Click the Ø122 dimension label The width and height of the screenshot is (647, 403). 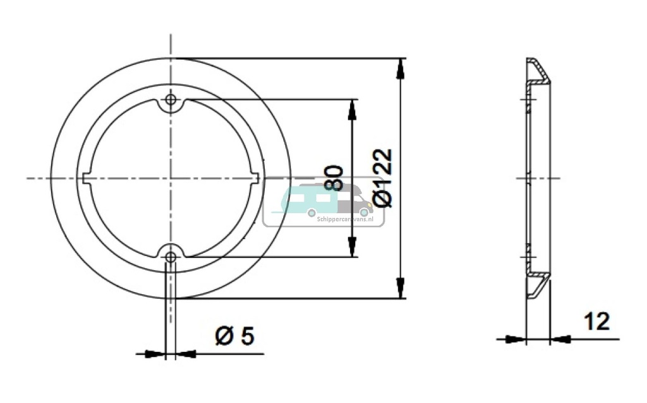[383, 178]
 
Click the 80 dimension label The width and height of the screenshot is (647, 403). [334, 178]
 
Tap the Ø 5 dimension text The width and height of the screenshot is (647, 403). [234, 336]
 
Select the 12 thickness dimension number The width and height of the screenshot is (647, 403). [596, 321]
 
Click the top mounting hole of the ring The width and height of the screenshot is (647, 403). [170, 99]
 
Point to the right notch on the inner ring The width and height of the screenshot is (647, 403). [257, 178]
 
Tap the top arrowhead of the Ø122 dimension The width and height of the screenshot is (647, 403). [399, 69]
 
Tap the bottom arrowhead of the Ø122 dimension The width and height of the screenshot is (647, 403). [399, 287]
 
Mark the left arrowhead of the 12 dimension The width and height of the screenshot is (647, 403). [516, 340]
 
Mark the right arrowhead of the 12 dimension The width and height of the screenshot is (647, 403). [561, 340]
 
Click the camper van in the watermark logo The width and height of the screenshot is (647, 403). [351, 201]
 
